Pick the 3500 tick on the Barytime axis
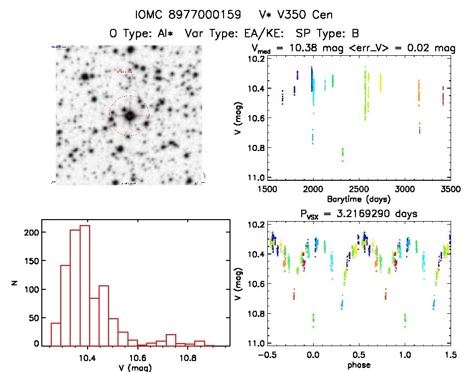[451, 189]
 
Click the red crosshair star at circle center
[129, 116]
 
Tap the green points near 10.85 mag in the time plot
[343, 154]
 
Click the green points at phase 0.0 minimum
[313, 320]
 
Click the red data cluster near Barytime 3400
[443, 95]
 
